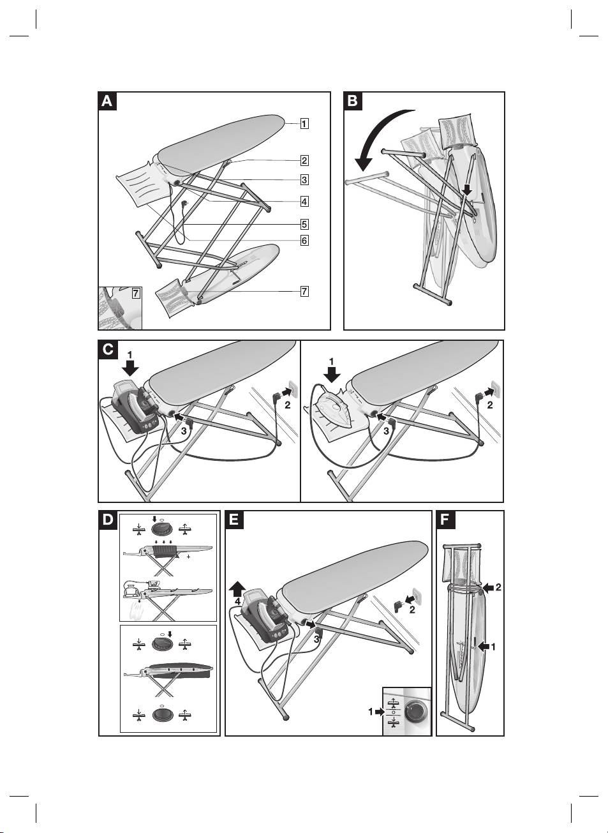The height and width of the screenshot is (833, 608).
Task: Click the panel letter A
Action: pos(108,101)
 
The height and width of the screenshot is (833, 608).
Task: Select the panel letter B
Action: pos(353,101)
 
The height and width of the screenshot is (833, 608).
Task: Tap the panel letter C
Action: pos(108,349)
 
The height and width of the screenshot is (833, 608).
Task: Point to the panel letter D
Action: pos(108,520)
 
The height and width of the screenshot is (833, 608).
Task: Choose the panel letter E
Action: pos(235,520)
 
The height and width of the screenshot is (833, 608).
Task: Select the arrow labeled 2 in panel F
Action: pos(487,587)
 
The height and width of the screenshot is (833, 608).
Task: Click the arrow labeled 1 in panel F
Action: pos(484,646)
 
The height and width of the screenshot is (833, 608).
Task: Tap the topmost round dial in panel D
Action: pos(161,529)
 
